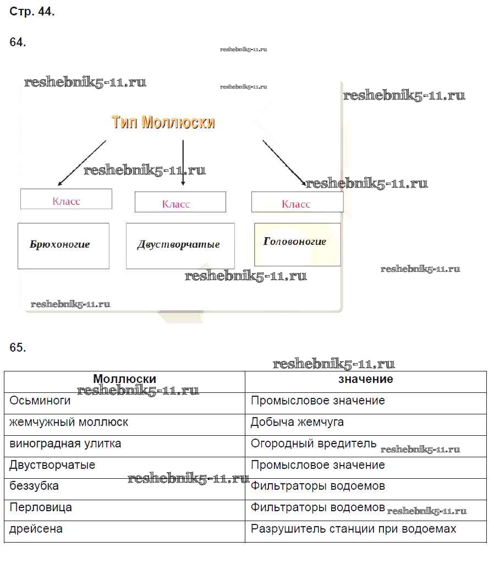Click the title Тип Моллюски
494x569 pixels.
[163, 122]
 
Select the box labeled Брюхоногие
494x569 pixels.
[63, 245]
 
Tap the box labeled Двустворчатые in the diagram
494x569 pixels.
[180, 245]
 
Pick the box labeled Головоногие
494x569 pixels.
[297, 244]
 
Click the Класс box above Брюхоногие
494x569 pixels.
[66, 199]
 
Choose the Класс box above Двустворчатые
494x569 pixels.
[180, 203]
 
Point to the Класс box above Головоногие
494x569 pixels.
[297, 203]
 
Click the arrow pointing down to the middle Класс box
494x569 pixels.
[183, 163]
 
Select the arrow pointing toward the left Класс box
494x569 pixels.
[82, 162]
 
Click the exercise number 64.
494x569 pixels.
[18, 42]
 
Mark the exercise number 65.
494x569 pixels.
[18, 347]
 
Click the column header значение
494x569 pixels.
[365, 379]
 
